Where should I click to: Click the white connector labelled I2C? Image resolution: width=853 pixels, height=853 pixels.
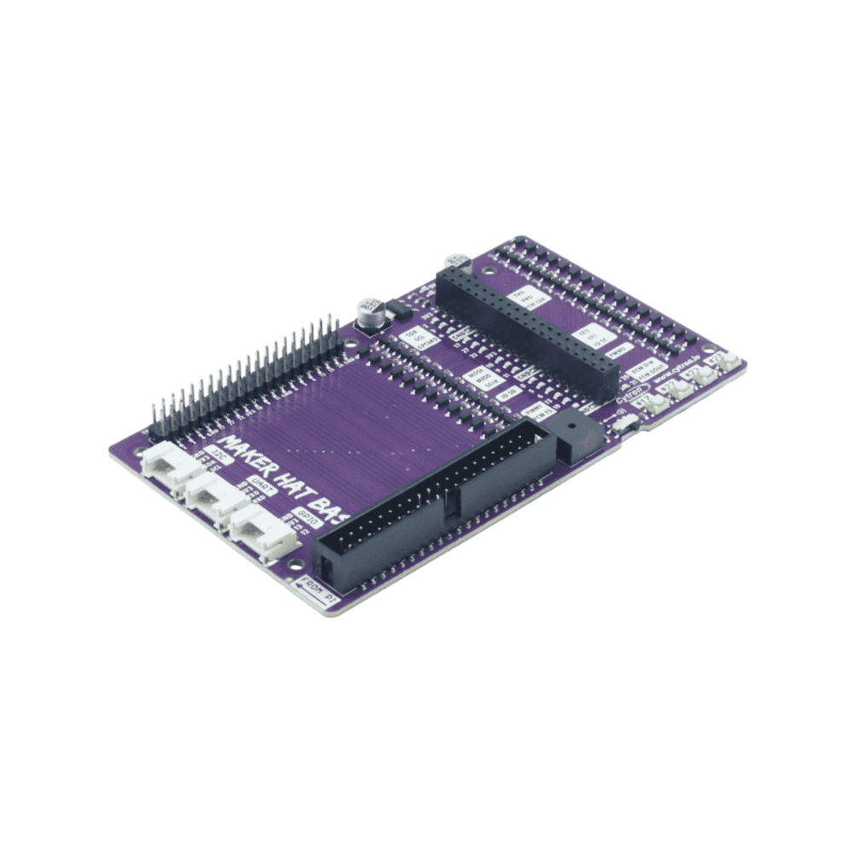click(x=162, y=466)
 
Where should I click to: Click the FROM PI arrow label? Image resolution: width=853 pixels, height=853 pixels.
click(x=321, y=589)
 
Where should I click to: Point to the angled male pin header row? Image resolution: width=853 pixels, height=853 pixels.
click(x=247, y=375)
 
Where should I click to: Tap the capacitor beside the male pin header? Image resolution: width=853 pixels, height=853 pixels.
click(x=369, y=313)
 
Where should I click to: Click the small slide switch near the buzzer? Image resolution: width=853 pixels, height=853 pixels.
click(x=626, y=423)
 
